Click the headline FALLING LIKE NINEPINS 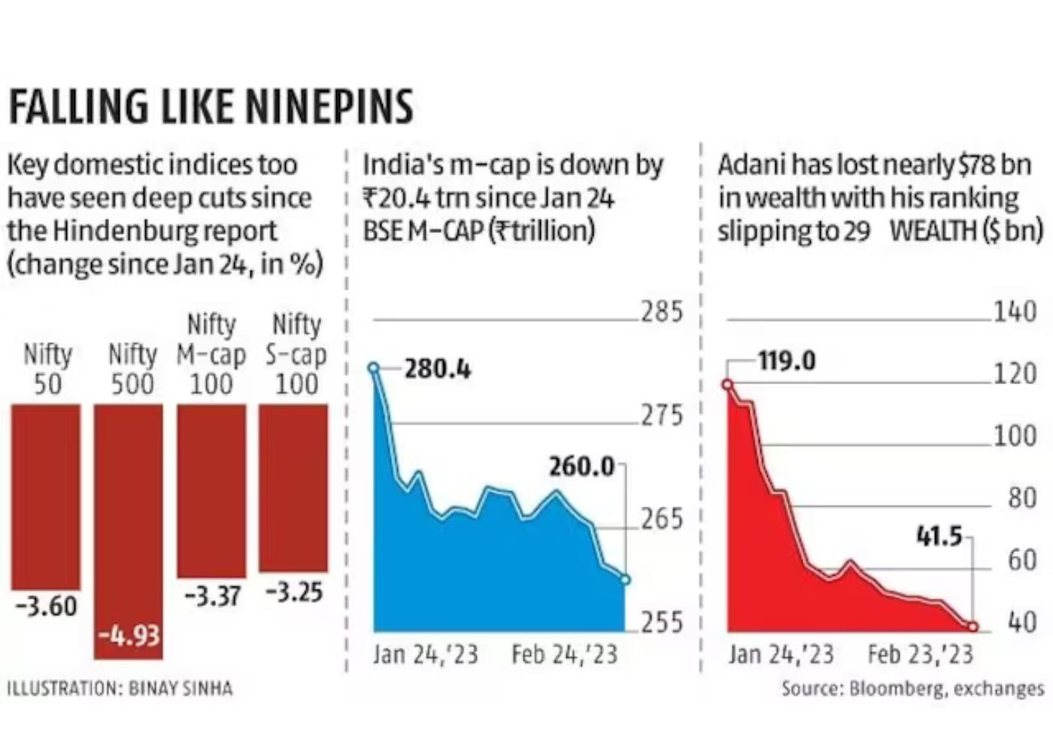[211, 106]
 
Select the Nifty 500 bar [129, 526]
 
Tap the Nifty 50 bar [45, 496]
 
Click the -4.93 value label [129, 636]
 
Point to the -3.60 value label [46, 606]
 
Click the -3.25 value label [294, 593]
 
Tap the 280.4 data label [437, 369]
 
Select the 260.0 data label [581, 467]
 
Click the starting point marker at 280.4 [374, 368]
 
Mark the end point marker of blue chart [625, 579]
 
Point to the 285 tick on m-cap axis [662, 311]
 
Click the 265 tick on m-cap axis [662, 519]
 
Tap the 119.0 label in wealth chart [786, 361]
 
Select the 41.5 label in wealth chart [939, 536]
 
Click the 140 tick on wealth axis [1015, 311]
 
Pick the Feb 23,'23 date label [920, 654]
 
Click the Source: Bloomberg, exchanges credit [912, 689]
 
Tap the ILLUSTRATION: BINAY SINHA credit [120, 688]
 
